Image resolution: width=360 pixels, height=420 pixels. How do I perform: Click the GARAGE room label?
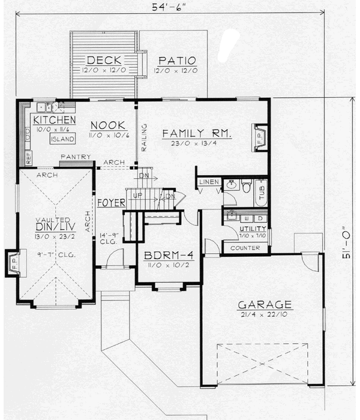click(x=264, y=304)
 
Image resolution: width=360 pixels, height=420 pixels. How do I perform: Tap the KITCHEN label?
click(x=49, y=120)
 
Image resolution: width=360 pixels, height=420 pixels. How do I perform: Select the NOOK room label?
click(x=107, y=125)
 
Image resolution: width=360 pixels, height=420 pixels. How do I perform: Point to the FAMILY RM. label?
click(x=197, y=133)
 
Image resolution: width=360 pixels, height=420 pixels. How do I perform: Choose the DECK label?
click(x=104, y=60)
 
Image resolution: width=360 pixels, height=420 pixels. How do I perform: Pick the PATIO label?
click(x=177, y=61)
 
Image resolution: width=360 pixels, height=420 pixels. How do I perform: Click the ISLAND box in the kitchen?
click(x=62, y=139)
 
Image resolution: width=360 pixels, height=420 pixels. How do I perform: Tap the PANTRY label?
click(x=76, y=157)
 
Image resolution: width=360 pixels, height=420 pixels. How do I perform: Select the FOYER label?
click(x=110, y=202)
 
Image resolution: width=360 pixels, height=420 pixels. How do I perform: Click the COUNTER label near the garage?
click(x=245, y=248)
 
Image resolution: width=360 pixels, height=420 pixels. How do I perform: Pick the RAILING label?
click(x=143, y=135)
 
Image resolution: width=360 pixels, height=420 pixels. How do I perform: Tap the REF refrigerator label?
click(x=28, y=158)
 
